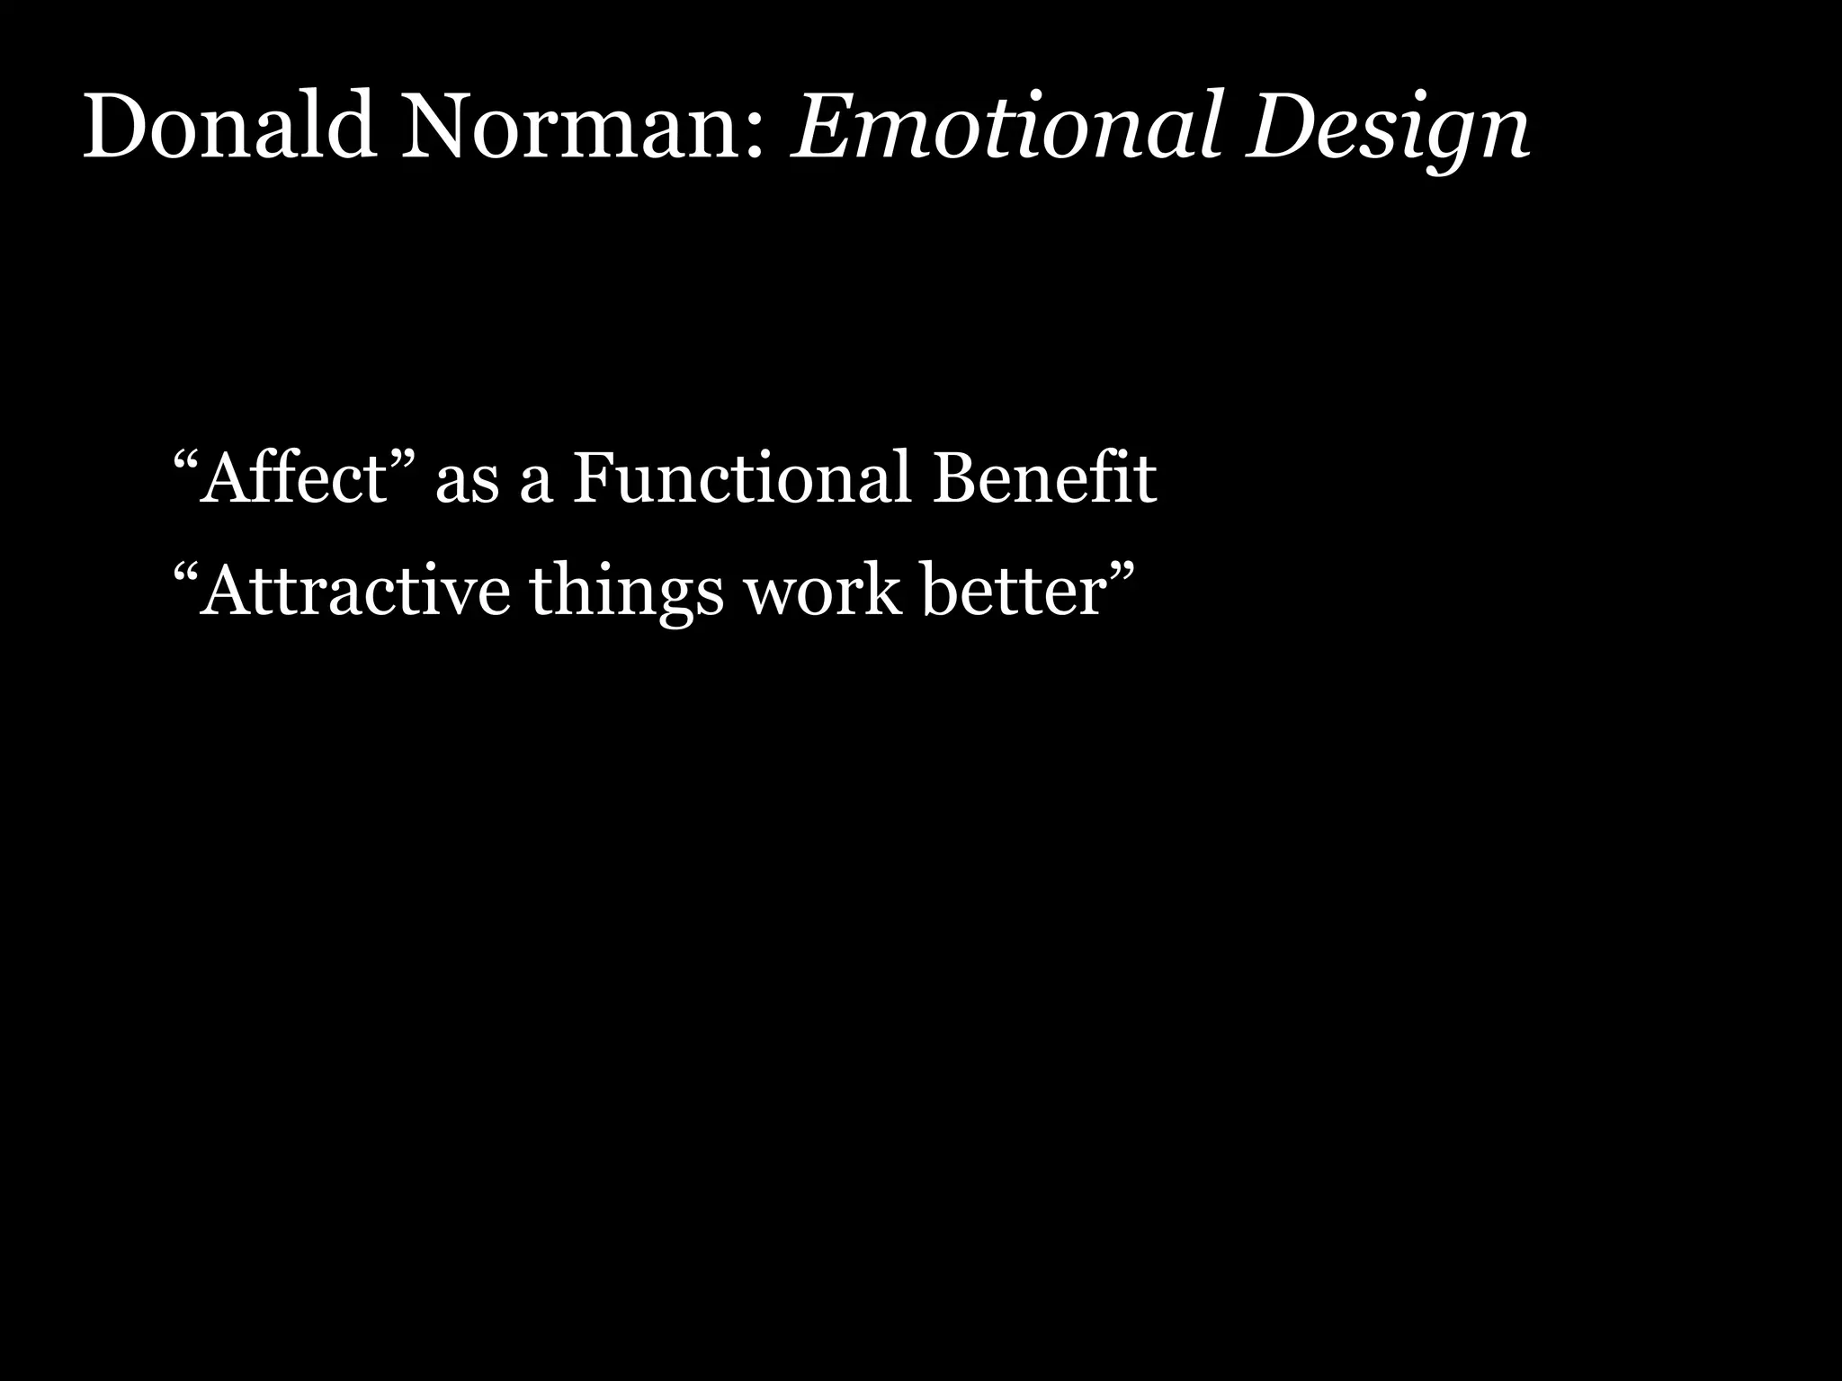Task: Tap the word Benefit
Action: click(x=1043, y=477)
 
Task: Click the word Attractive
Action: click(x=355, y=591)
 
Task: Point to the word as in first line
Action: click(x=467, y=486)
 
